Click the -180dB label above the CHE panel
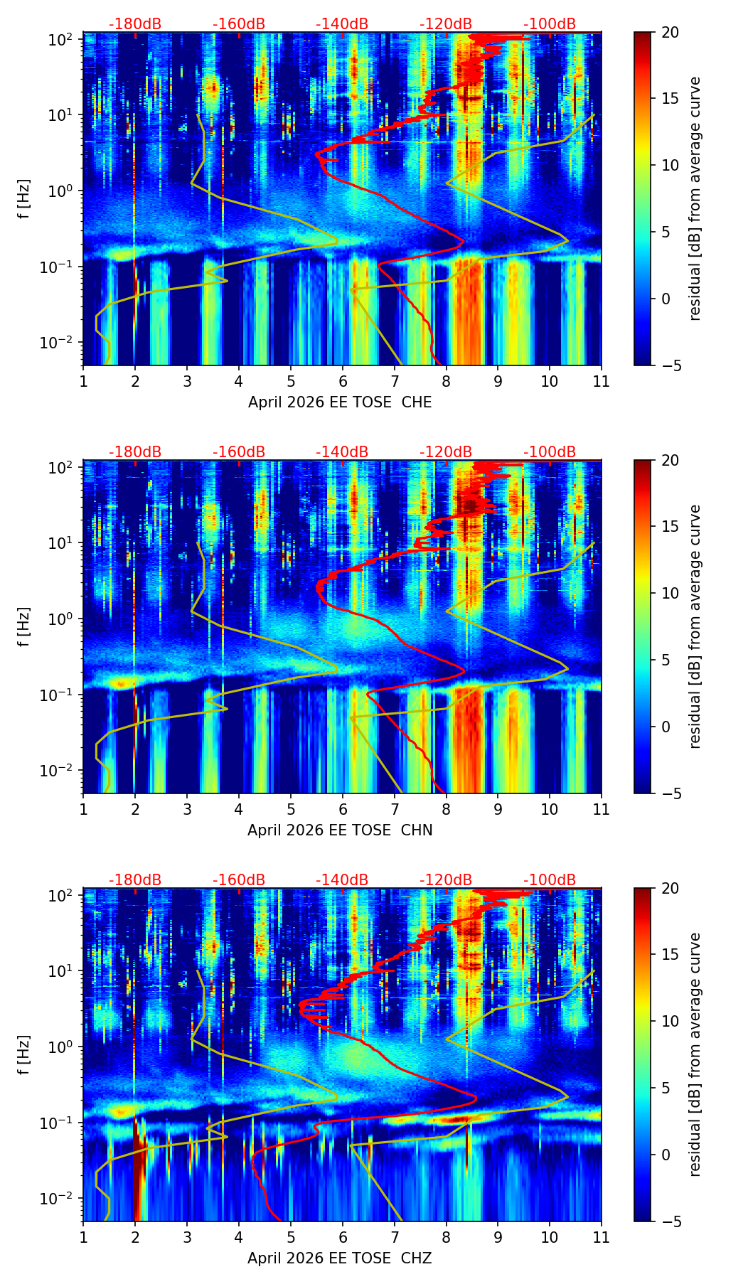[135, 24]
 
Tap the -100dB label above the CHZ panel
[550, 880]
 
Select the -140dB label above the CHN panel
[342, 452]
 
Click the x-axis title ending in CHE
[340, 402]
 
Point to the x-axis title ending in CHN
[340, 830]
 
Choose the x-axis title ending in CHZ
[340, 1258]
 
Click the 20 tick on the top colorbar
[670, 32]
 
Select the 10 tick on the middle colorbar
[670, 593]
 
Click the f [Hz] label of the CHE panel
[23, 199]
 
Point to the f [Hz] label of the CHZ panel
[23, 1055]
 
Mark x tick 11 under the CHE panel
[602, 381]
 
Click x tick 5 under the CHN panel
[291, 809]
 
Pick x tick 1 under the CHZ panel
[83, 1237]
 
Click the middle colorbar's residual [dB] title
[695, 626]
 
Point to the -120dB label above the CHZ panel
[446, 880]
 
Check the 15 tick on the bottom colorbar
[670, 954]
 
